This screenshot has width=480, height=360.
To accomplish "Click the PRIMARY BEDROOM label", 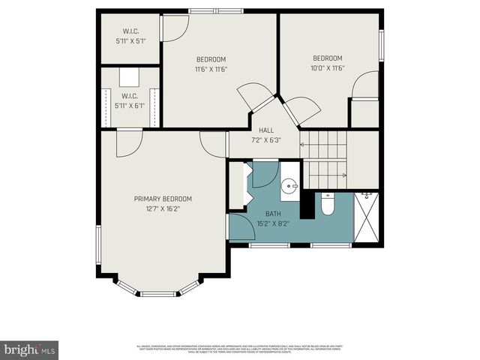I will point(163,199).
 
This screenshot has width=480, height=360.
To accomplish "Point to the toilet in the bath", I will point(327,203).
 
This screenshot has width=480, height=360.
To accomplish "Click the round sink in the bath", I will point(291,185).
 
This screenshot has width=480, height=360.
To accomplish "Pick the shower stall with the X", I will point(366,218).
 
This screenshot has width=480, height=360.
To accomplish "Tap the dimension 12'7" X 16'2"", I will point(163,208).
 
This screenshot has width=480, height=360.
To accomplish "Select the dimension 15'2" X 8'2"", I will point(272,223).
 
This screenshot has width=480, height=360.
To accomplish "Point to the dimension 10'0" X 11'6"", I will point(328,68).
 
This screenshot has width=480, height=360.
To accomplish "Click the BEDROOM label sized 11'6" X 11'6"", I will point(211,59).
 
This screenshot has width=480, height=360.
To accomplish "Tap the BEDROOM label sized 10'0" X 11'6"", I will point(328,58).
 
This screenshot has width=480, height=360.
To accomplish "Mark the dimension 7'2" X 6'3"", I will point(265,139).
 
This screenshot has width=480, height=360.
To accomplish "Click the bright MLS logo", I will point(29,349).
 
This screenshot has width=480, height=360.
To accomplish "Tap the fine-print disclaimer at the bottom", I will point(239,348).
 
